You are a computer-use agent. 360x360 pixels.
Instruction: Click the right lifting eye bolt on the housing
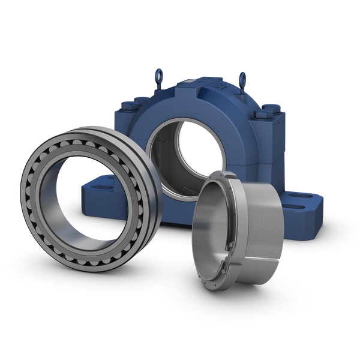[x=244, y=77]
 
